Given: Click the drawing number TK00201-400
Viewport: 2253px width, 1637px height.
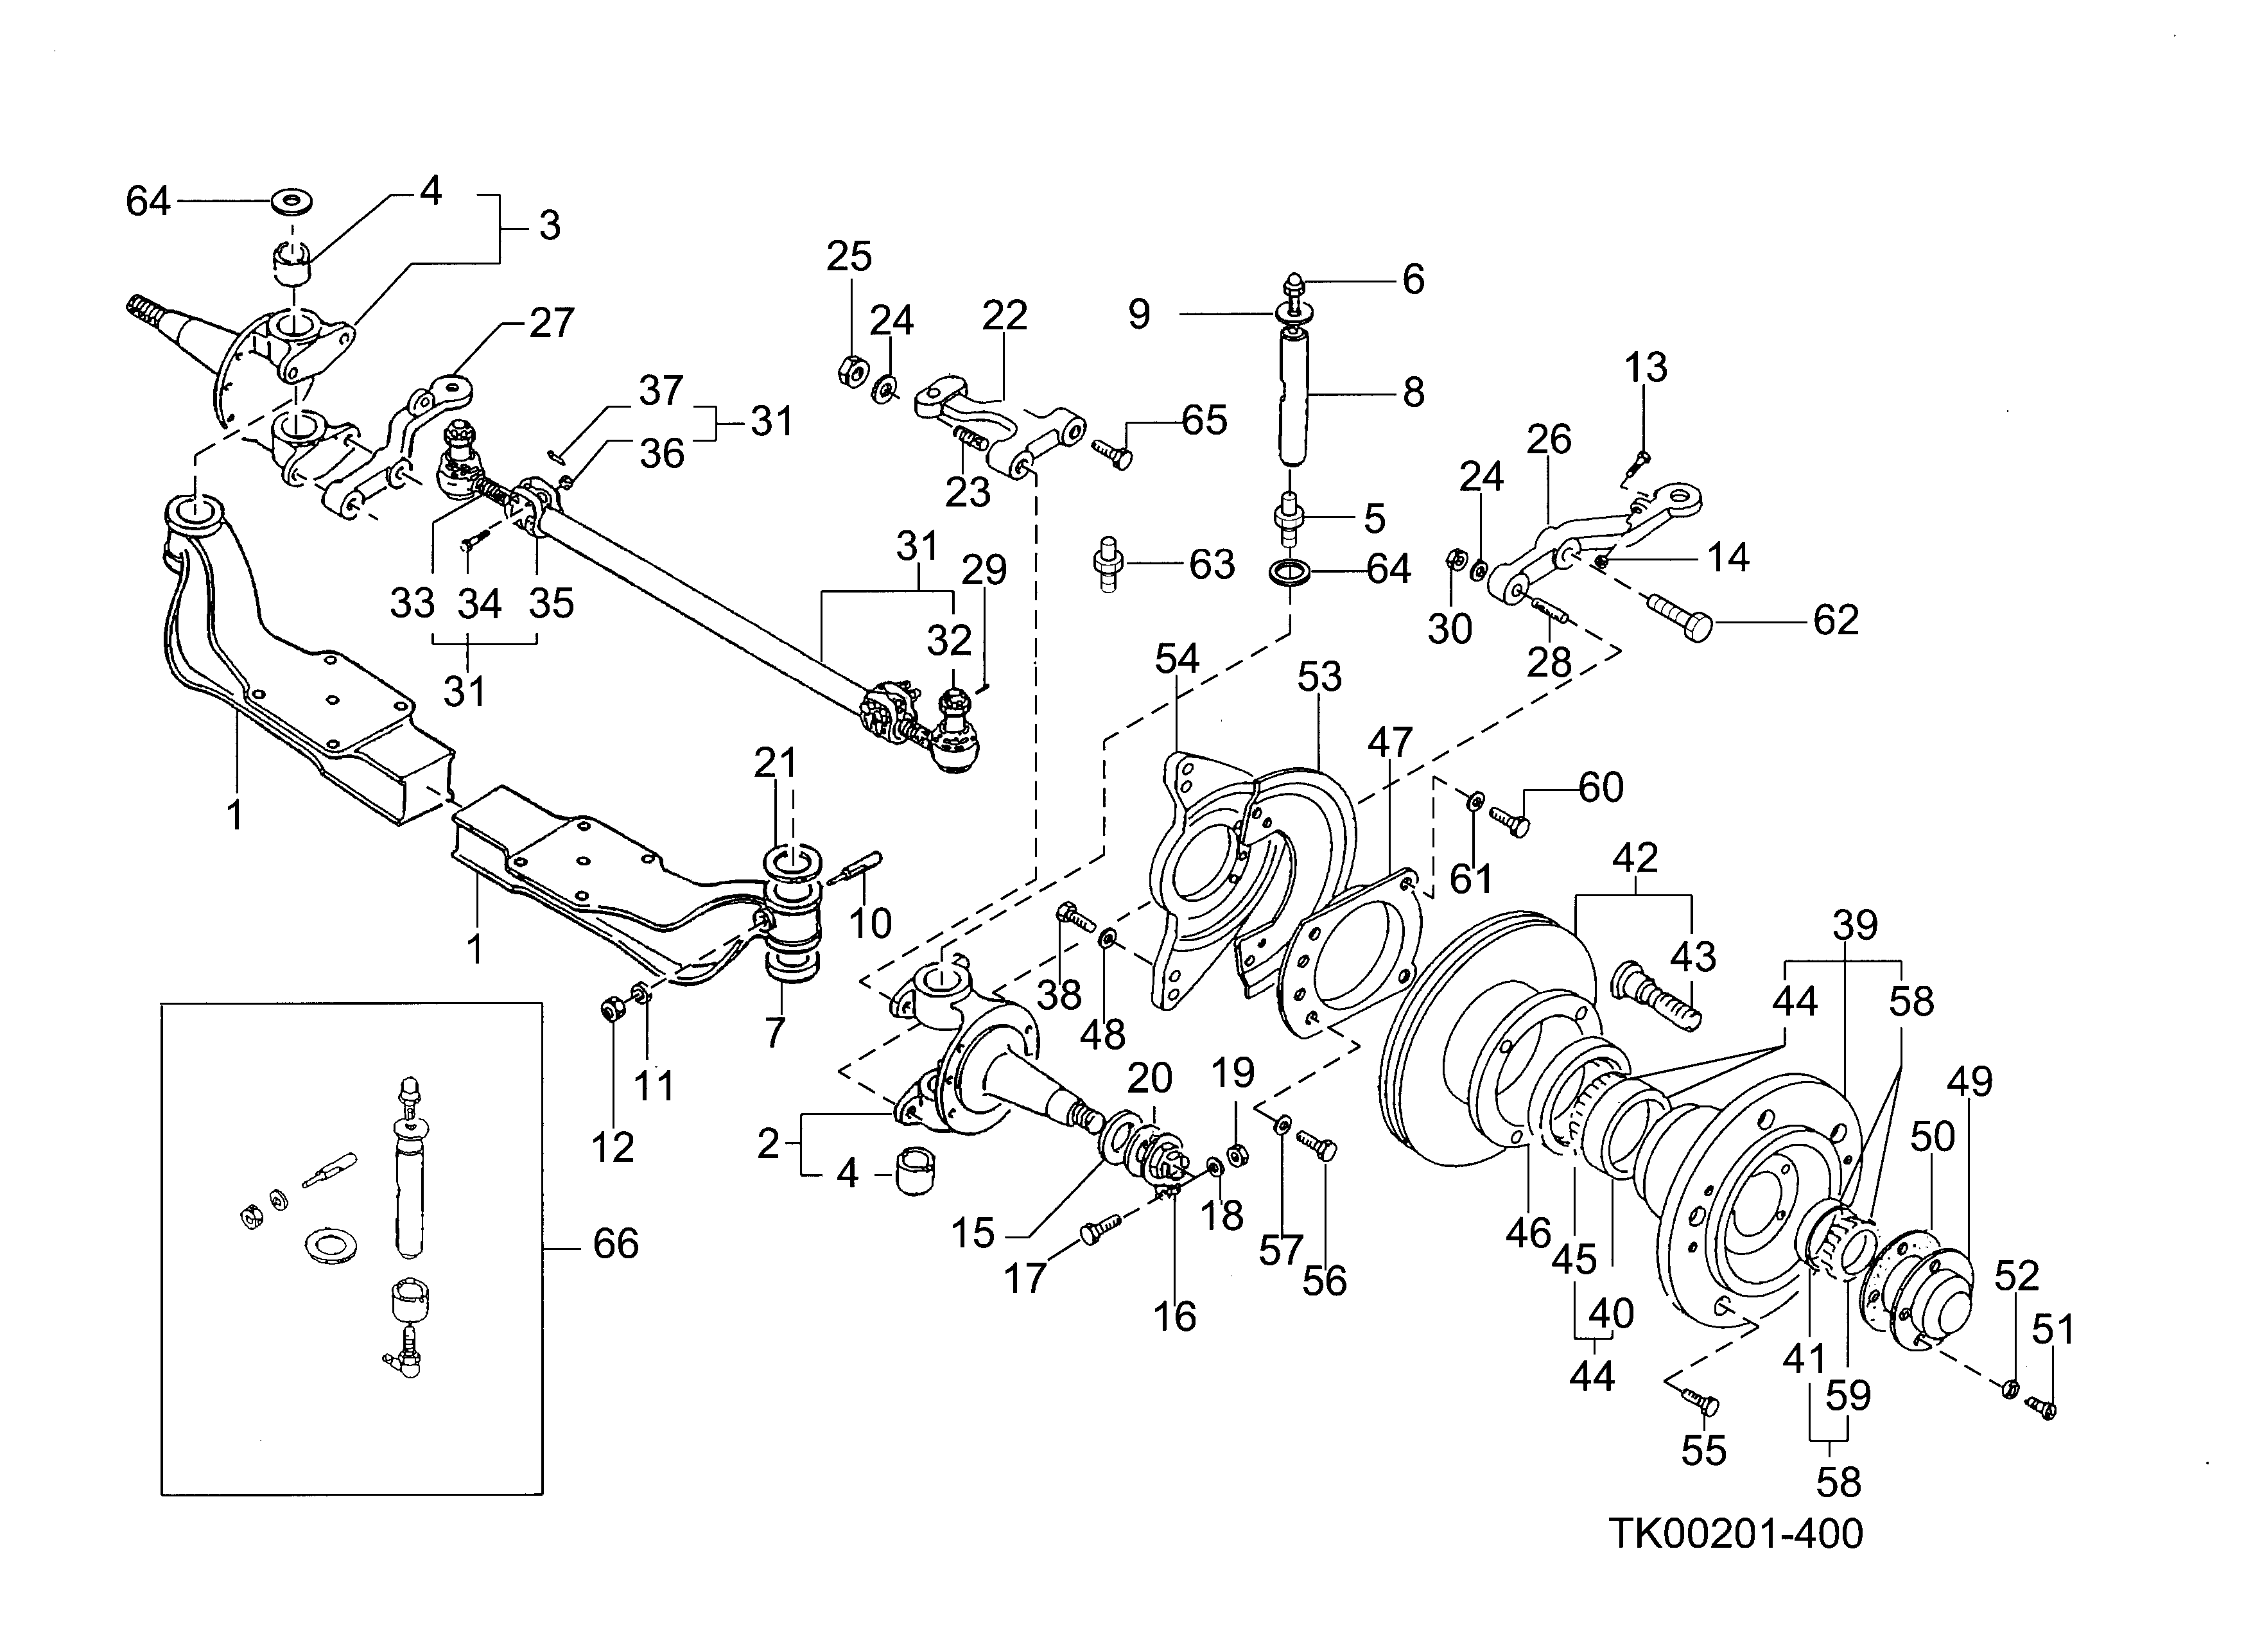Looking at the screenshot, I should coord(1735,1534).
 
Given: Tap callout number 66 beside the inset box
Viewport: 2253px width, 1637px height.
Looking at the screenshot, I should coord(615,1243).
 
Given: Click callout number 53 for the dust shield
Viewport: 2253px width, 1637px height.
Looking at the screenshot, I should coord(1319,677).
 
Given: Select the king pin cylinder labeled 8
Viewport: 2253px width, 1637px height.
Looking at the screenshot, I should coord(1291,397).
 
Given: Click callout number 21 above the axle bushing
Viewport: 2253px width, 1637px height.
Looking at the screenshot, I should coord(775,763).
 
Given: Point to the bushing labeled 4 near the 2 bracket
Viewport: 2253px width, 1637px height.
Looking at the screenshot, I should coord(914,1172).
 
